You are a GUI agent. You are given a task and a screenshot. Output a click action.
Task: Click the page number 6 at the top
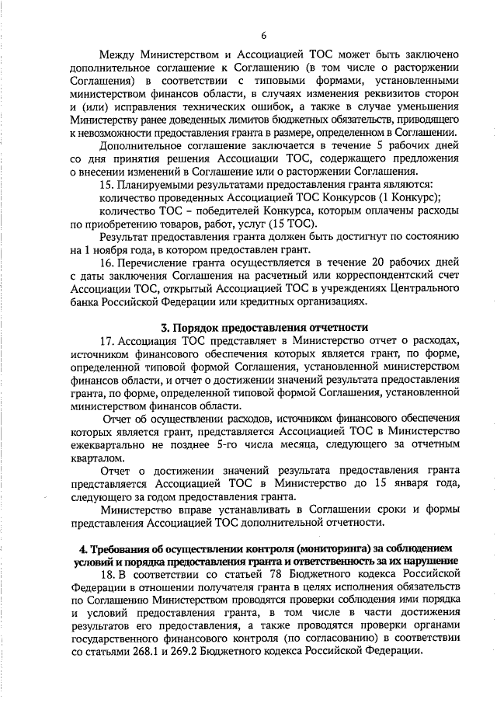point(262,35)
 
